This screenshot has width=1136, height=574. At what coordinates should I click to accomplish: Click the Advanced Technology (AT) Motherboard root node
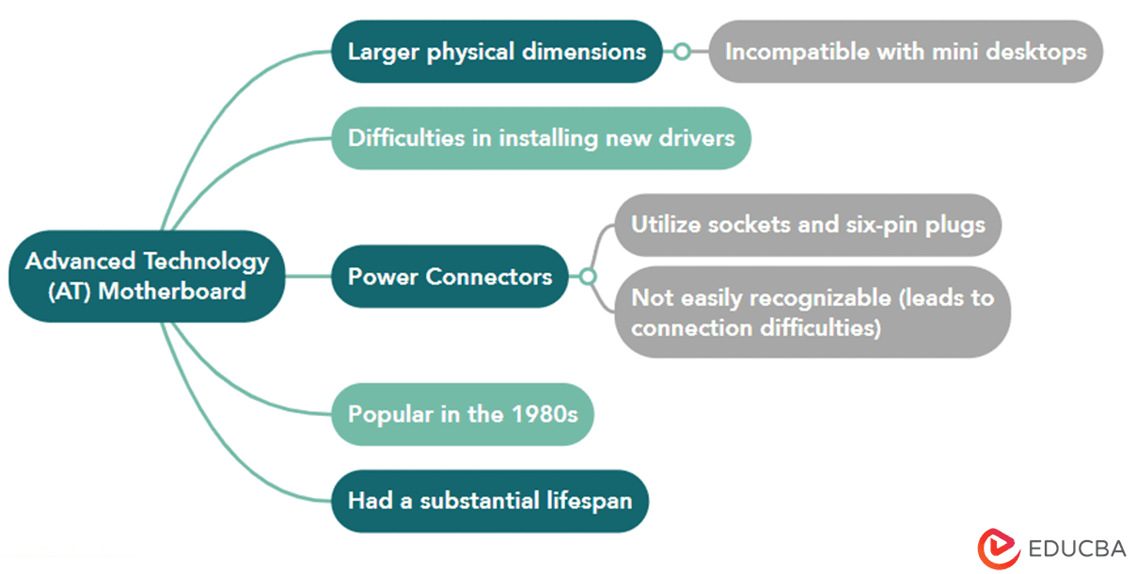(147, 276)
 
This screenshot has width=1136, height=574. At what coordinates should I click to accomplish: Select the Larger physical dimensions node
(497, 51)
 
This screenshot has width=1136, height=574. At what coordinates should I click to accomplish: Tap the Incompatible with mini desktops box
(906, 51)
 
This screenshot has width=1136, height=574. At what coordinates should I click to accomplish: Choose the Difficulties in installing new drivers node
(541, 138)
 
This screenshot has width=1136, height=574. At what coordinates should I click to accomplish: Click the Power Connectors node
(450, 276)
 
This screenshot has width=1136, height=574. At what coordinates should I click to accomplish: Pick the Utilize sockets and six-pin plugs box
(808, 225)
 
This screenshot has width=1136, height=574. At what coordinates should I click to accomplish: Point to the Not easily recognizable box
(813, 312)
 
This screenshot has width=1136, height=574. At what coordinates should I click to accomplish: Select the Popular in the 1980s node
(463, 414)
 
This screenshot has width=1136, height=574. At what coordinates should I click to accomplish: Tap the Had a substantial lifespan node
(490, 501)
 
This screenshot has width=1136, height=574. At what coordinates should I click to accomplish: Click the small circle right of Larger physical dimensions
(682, 51)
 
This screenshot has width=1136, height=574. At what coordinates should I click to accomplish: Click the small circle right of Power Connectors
(588, 277)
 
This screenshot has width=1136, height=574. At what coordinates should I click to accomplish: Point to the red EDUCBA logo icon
(998, 549)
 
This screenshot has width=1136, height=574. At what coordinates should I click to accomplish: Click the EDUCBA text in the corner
(1077, 549)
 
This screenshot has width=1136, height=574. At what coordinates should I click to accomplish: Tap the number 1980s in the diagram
(544, 414)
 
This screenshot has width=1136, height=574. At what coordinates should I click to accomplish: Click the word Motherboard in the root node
(172, 292)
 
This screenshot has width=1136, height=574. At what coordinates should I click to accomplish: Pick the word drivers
(696, 138)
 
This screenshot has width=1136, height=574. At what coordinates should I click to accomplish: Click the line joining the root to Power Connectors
(308, 276)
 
